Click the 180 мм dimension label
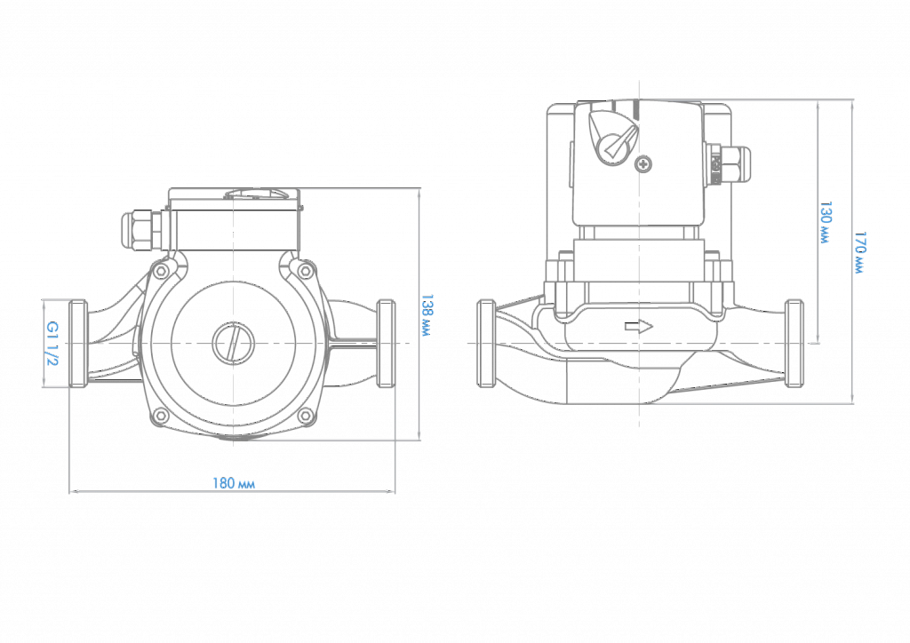click(234, 483)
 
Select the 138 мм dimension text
click(427, 315)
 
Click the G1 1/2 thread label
click(52, 344)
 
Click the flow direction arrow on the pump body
click(638, 327)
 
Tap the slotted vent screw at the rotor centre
click(233, 345)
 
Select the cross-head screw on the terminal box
click(643, 164)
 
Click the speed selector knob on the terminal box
click(613, 137)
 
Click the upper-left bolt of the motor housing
click(161, 271)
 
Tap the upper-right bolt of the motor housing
click(305, 271)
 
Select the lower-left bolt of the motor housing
click(161, 416)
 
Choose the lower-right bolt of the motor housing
click(305, 416)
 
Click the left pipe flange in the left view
click(78, 344)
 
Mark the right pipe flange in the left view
click(386, 344)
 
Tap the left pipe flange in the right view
click(486, 344)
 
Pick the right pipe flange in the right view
click(794, 344)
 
